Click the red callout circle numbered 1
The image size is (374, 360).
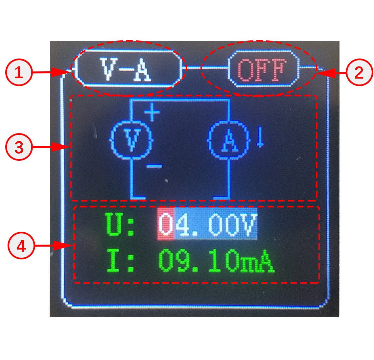coord(19,72)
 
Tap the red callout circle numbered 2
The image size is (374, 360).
coord(359,72)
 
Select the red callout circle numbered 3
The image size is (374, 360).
coord(19,147)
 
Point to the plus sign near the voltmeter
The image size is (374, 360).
coord(152,112)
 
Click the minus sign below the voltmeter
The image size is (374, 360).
coord(154,166)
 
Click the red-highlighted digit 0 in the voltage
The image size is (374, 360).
coord(166,224)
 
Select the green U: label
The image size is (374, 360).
coord(120,225)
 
